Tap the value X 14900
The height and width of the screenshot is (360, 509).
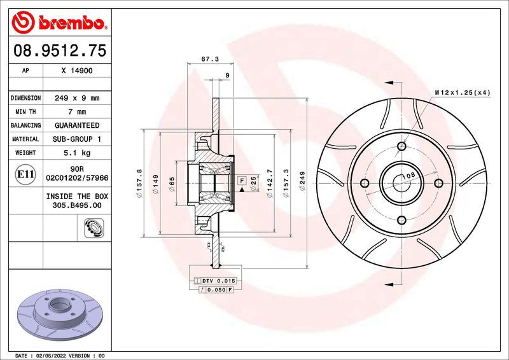(77, 71)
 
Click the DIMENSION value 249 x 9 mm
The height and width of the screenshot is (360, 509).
(77, 99)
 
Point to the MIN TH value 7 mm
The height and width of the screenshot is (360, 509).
(77, 112)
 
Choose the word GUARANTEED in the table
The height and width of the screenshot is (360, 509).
(77, 125)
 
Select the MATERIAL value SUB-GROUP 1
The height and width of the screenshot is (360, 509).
(77, 139)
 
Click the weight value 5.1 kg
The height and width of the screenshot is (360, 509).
(77, 153)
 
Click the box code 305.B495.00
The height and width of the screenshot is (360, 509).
(77, 206)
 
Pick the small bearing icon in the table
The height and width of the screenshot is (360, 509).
(92, 226)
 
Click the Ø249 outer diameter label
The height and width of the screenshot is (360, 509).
(302, 181)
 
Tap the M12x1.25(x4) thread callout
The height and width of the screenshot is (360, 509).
(463, 93)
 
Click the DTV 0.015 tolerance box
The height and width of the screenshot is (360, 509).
(219, 280)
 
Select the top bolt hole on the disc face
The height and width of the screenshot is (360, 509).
(401, 147)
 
